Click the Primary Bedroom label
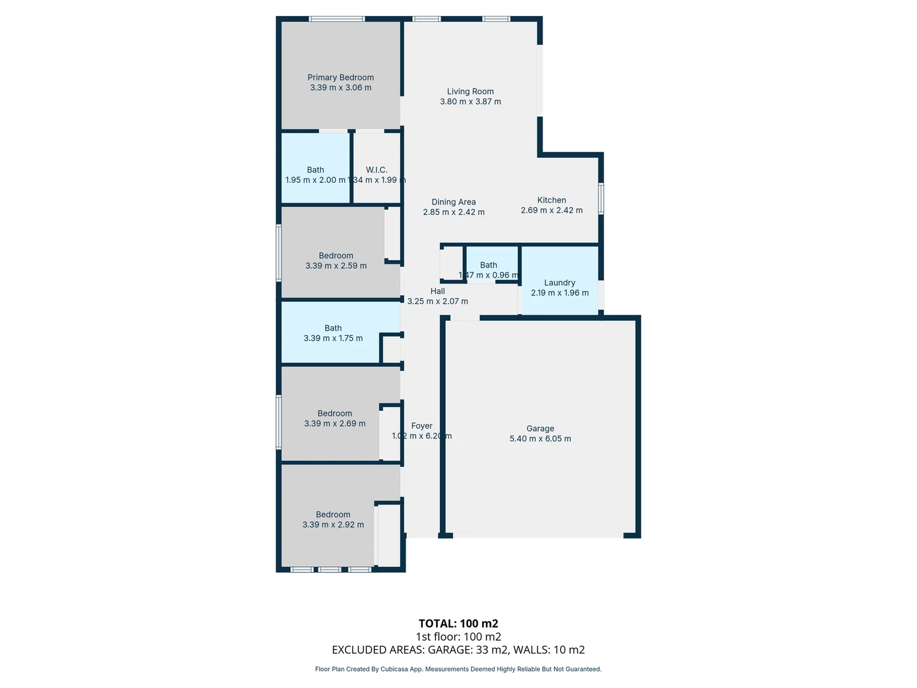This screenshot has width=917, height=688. coord(341,78)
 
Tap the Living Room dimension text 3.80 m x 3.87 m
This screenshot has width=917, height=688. coord(470,102)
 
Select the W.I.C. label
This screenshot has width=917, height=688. coord(376,170)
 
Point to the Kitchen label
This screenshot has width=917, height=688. coord(551,200)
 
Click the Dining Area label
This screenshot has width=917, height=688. coord(453,202)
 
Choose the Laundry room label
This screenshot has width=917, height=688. coord(560,283)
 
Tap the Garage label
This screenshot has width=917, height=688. coord(540,429)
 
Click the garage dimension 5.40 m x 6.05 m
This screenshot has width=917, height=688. coord(540,439)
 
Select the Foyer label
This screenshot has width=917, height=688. coord(422,426)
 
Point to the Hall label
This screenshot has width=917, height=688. coord(437,291)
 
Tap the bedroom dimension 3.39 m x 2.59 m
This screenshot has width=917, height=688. coord(336,266)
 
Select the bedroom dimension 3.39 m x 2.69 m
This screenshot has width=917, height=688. coord(335,424)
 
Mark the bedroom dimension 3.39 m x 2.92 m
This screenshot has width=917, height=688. coord(333,525)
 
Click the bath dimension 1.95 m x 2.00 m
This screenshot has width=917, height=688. coord(315,180)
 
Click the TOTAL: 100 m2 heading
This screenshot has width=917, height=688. coord(458,624)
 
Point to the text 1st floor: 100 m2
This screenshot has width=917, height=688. coord(458,636)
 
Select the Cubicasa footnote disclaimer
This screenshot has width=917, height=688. coord(458,669)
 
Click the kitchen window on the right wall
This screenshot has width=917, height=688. coord(601,199)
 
